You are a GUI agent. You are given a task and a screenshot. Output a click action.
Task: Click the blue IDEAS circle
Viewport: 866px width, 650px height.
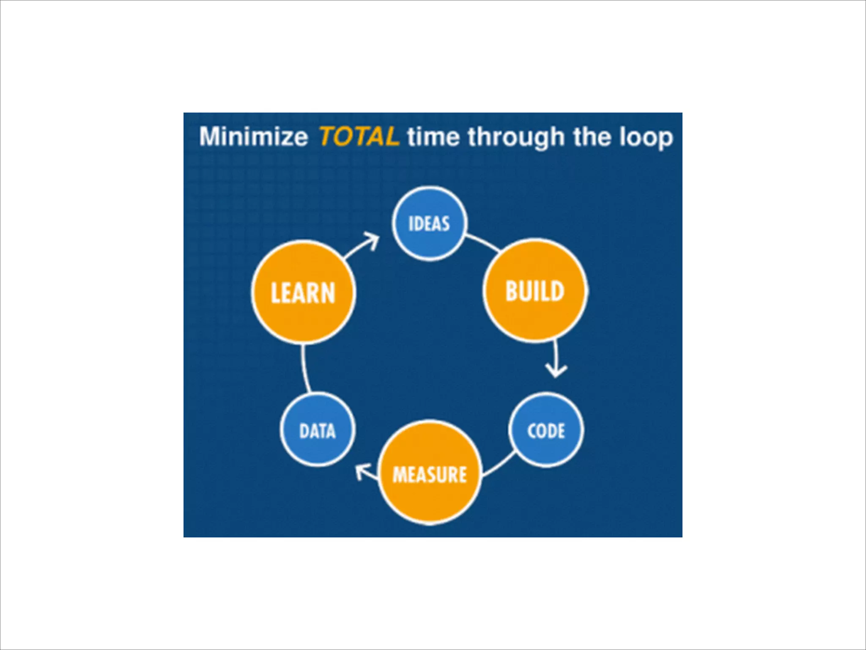coord(429,223)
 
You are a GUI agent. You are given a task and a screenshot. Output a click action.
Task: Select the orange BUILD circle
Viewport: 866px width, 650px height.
coord(535,291)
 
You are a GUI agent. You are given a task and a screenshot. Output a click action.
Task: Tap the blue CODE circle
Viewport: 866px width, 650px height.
coord(546,430)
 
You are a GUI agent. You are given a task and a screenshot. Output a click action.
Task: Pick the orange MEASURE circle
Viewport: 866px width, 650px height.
coord(430,473)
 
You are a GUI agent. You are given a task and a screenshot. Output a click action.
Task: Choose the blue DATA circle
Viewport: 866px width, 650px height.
coord(317,430)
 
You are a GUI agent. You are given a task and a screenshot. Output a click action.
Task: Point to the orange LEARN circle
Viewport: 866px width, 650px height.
coord(303,292)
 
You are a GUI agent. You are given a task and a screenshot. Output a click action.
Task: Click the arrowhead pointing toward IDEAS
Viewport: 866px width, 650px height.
coord(373,240)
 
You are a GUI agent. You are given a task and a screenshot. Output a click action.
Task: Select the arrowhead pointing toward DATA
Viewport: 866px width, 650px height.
coord(362,471)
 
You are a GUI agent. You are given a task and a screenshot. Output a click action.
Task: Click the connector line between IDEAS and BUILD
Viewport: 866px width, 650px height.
coord(483,243)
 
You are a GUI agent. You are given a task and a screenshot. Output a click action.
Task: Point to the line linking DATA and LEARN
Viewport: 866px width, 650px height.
coord(305,368)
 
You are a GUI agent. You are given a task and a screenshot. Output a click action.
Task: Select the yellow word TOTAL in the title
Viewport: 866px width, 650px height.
coord(359,136)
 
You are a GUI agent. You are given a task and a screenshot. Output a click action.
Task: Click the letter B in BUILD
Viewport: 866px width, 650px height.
coord(512,291)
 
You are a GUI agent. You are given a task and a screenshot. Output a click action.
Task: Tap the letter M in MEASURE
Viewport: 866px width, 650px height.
coord(399,474)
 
